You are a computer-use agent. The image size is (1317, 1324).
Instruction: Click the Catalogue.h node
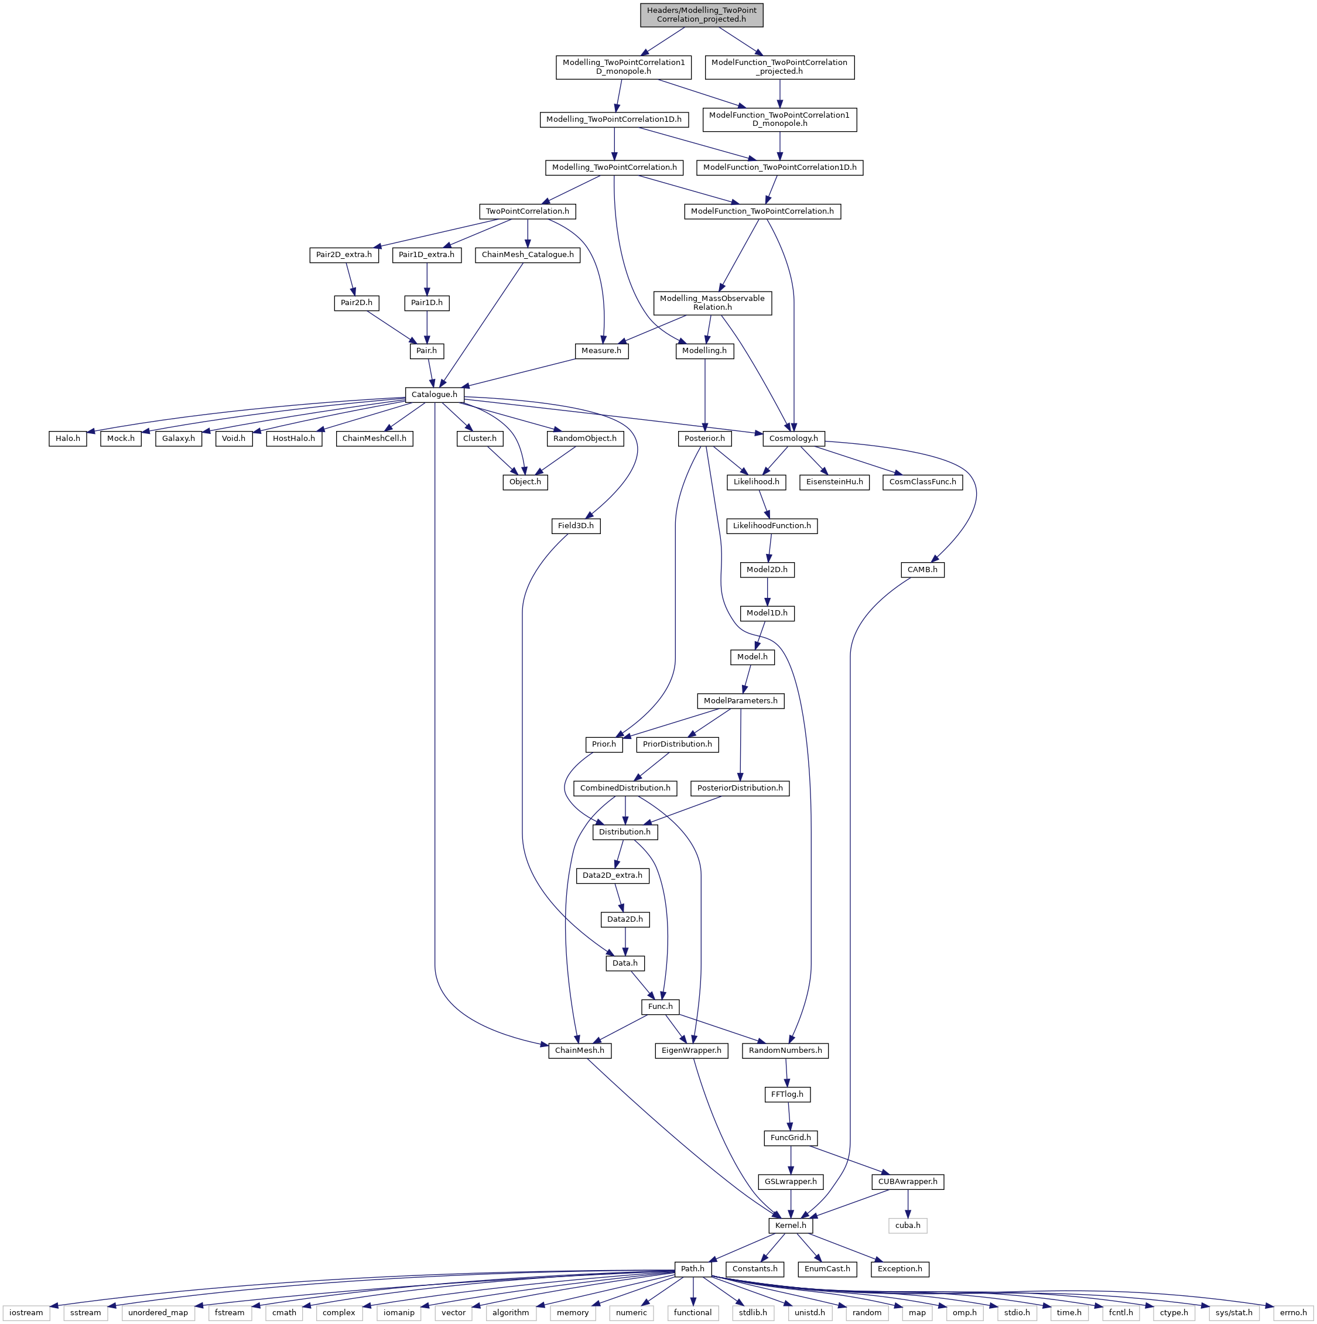tap(434, 395)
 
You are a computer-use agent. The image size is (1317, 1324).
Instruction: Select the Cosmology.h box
tap(793, 439)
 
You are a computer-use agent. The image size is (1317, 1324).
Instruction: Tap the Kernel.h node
tap(790, 1225)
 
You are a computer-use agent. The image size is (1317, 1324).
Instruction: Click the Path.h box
tap(692, 1269)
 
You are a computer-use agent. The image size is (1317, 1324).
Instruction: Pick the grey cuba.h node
tap(908, 1225)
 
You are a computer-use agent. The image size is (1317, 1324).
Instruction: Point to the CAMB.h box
tap(922, 570)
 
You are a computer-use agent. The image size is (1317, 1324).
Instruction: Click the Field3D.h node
tap(576, 526)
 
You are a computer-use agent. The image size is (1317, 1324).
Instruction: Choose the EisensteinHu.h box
tap(834, 483)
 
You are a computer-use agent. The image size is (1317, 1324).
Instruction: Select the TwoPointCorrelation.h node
tap(527, 211)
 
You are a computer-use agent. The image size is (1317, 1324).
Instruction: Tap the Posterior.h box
tap(704, 439)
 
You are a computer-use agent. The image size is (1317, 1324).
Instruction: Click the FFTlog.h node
tap(786, 1094)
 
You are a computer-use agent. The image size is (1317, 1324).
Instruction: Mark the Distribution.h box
tap(625, 832)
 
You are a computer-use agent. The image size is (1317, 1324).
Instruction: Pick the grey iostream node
tap(26, 1313)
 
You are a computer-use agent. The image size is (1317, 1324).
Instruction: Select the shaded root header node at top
tap(701, 15)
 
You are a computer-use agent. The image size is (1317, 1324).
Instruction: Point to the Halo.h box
tap(68, 439)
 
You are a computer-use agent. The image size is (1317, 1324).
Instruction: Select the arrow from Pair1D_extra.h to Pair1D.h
tap(427, 279)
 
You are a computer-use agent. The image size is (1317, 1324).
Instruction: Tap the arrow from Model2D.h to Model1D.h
tap(768, 591)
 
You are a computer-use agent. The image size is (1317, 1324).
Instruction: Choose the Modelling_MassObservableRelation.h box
tap(713, 303)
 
